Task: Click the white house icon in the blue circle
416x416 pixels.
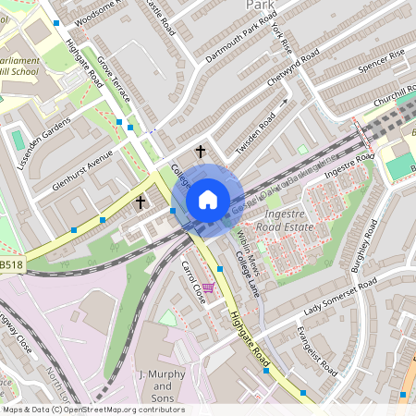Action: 208,199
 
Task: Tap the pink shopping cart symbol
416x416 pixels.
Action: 209,288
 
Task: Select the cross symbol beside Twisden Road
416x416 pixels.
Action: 200,151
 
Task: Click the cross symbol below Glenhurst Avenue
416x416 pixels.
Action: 141,202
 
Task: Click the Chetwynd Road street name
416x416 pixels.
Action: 293,70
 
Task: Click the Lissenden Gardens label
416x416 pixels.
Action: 43,143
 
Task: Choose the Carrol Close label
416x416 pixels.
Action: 191,283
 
